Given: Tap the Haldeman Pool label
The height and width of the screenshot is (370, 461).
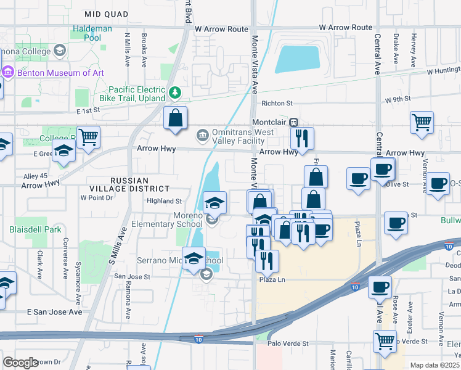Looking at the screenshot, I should [x=92, y=33].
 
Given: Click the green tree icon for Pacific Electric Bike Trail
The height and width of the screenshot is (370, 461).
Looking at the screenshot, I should [x=176, y=93].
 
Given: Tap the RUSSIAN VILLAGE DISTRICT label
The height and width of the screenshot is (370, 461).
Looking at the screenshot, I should [x=139, y=184].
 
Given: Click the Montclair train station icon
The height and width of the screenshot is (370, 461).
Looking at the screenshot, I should [x=294, y=123].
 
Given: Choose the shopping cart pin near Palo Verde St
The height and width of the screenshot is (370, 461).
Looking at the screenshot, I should [x=385, y=340].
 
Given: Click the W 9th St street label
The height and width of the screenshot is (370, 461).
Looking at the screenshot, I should [x=398, y=99].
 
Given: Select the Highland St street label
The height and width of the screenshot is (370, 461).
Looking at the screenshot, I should [x=164, y=201].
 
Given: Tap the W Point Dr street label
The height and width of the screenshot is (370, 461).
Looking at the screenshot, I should [x=97, y=198].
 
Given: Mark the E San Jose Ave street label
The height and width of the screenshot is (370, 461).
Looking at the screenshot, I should [x=54, y=312].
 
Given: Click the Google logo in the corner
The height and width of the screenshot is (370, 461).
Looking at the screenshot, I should [x=20, y=363].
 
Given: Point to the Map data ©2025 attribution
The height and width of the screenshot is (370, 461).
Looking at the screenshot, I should [x=434, y=365].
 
